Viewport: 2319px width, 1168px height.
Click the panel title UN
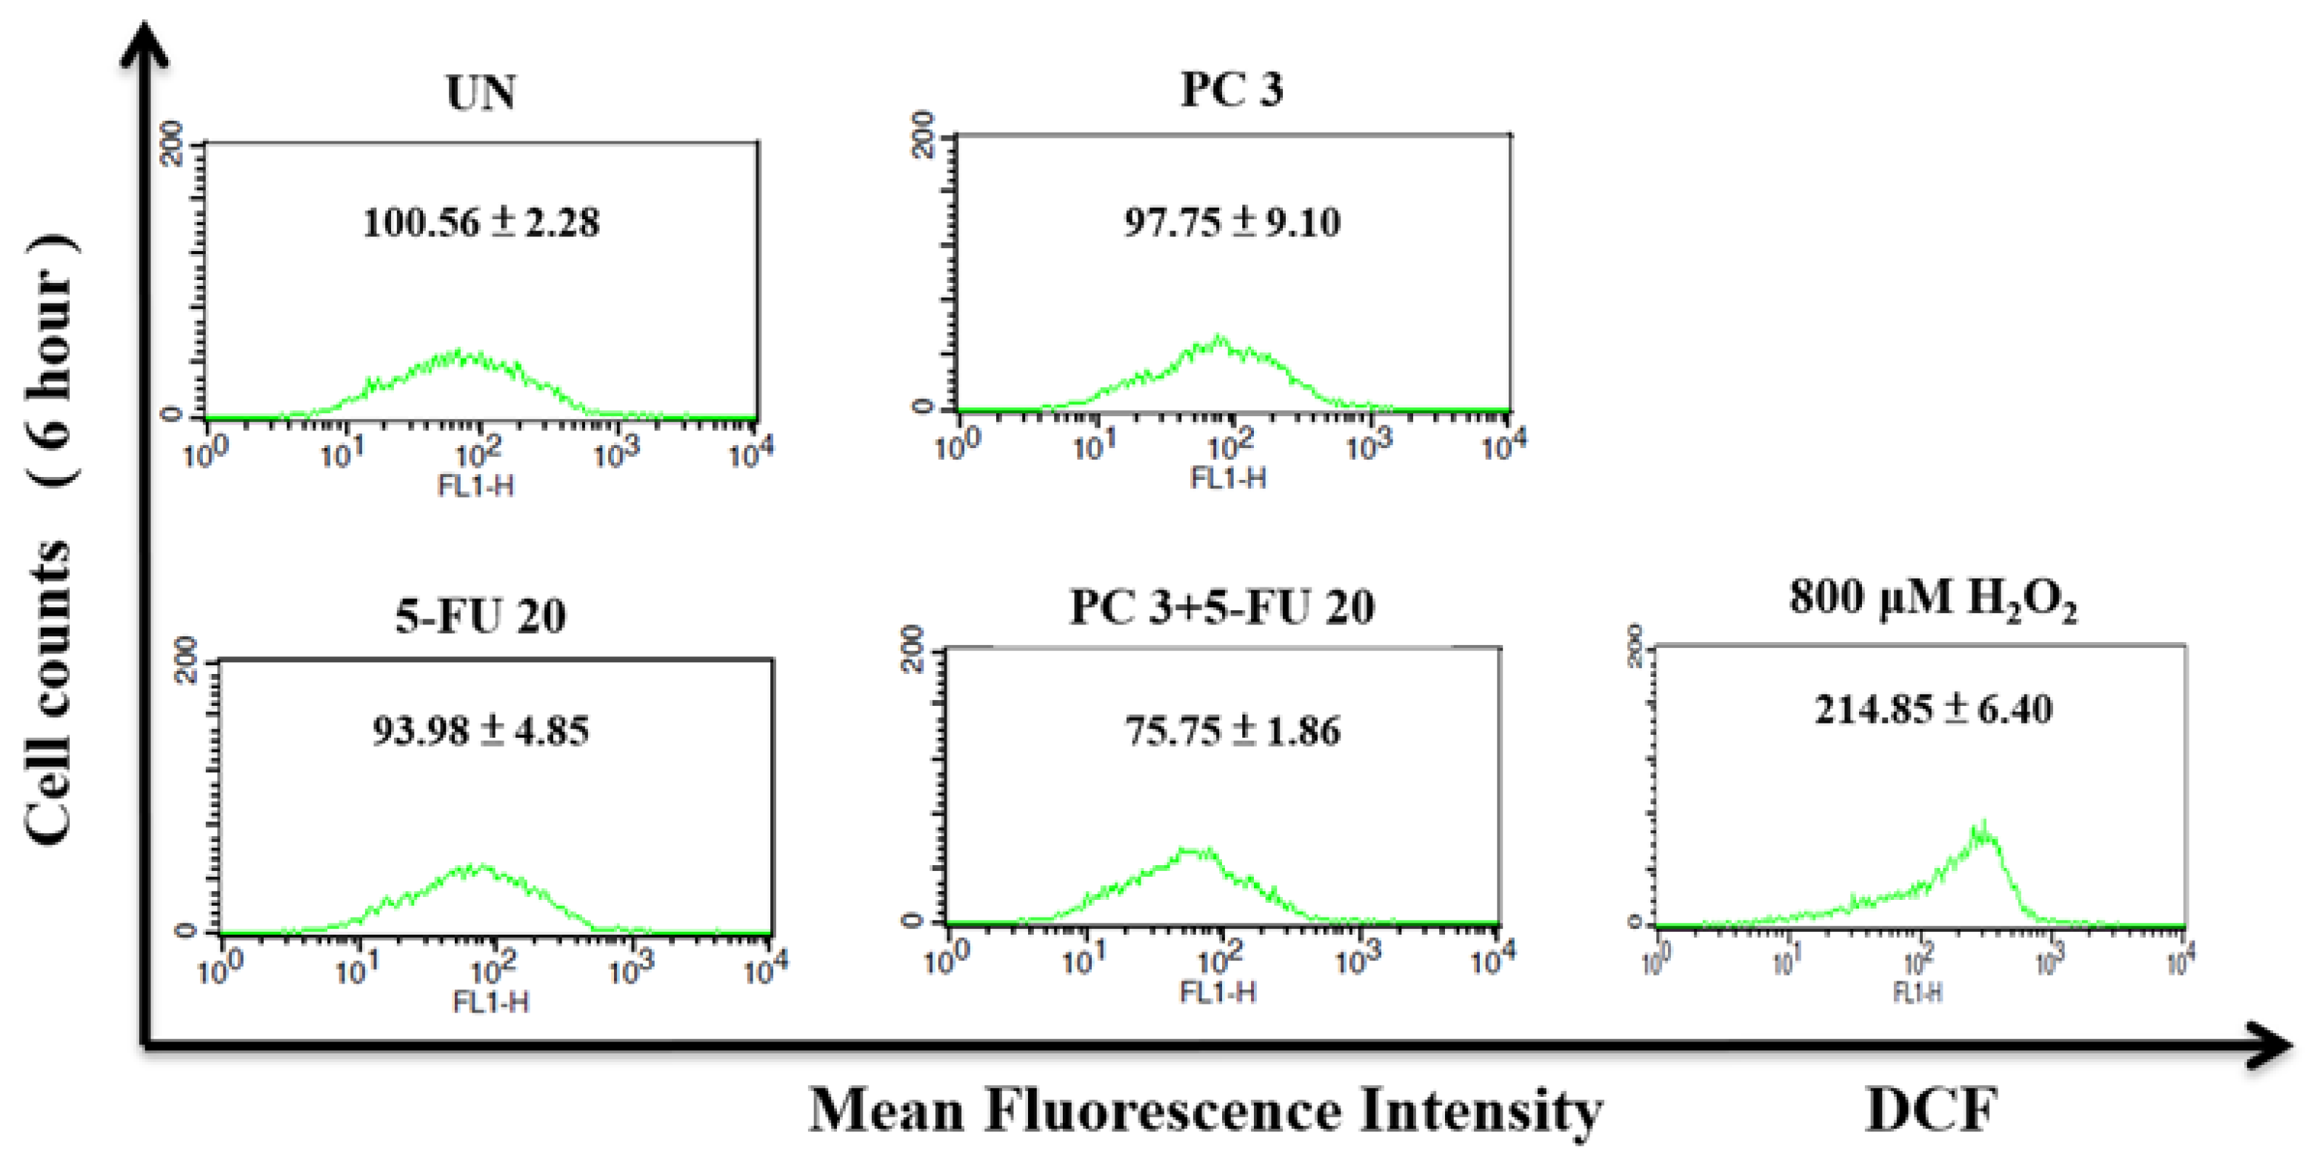(481, 93)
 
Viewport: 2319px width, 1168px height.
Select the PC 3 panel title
(1231, 89)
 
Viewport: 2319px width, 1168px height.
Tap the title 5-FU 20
(481, 616)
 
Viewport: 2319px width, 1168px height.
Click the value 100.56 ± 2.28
(481, 222)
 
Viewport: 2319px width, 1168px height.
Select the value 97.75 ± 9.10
(1232, 221)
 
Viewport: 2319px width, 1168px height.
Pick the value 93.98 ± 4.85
(481, 730)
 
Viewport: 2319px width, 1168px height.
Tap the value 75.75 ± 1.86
(1232, 730)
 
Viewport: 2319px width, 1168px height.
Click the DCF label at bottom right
(1932, 1109)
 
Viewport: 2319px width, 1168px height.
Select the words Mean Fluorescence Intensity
(1204, 1109)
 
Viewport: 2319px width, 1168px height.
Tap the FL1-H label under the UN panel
(476, 487)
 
